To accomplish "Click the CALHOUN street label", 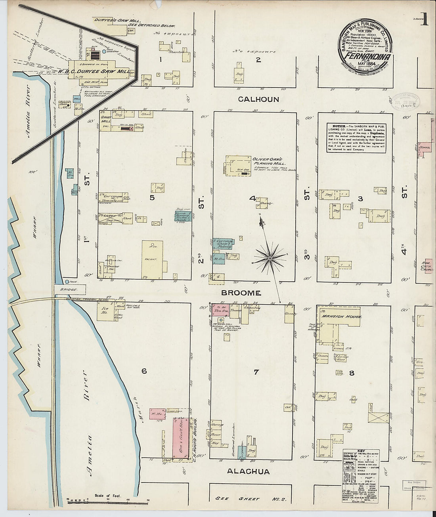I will (x=258, y=99).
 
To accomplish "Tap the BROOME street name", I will (x=241, y=293).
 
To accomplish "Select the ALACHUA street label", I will (x=248, y=471).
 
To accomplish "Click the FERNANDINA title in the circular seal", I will (x=367, y=56).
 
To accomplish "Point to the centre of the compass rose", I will (x=270, y=258).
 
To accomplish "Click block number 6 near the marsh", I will (x=144, y=371).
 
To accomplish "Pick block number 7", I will (x=256, y=372).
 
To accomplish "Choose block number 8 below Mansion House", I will (x=352, y=373).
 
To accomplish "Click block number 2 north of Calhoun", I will (x=258, y=60).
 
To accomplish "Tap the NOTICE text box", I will (x=357, y=137).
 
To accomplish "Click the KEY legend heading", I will (x=361, y=451).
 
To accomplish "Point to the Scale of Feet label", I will (x=107, y=496).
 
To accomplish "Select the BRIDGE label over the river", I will (x=69, y=290).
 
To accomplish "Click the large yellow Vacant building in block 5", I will (x=152, y=259).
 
